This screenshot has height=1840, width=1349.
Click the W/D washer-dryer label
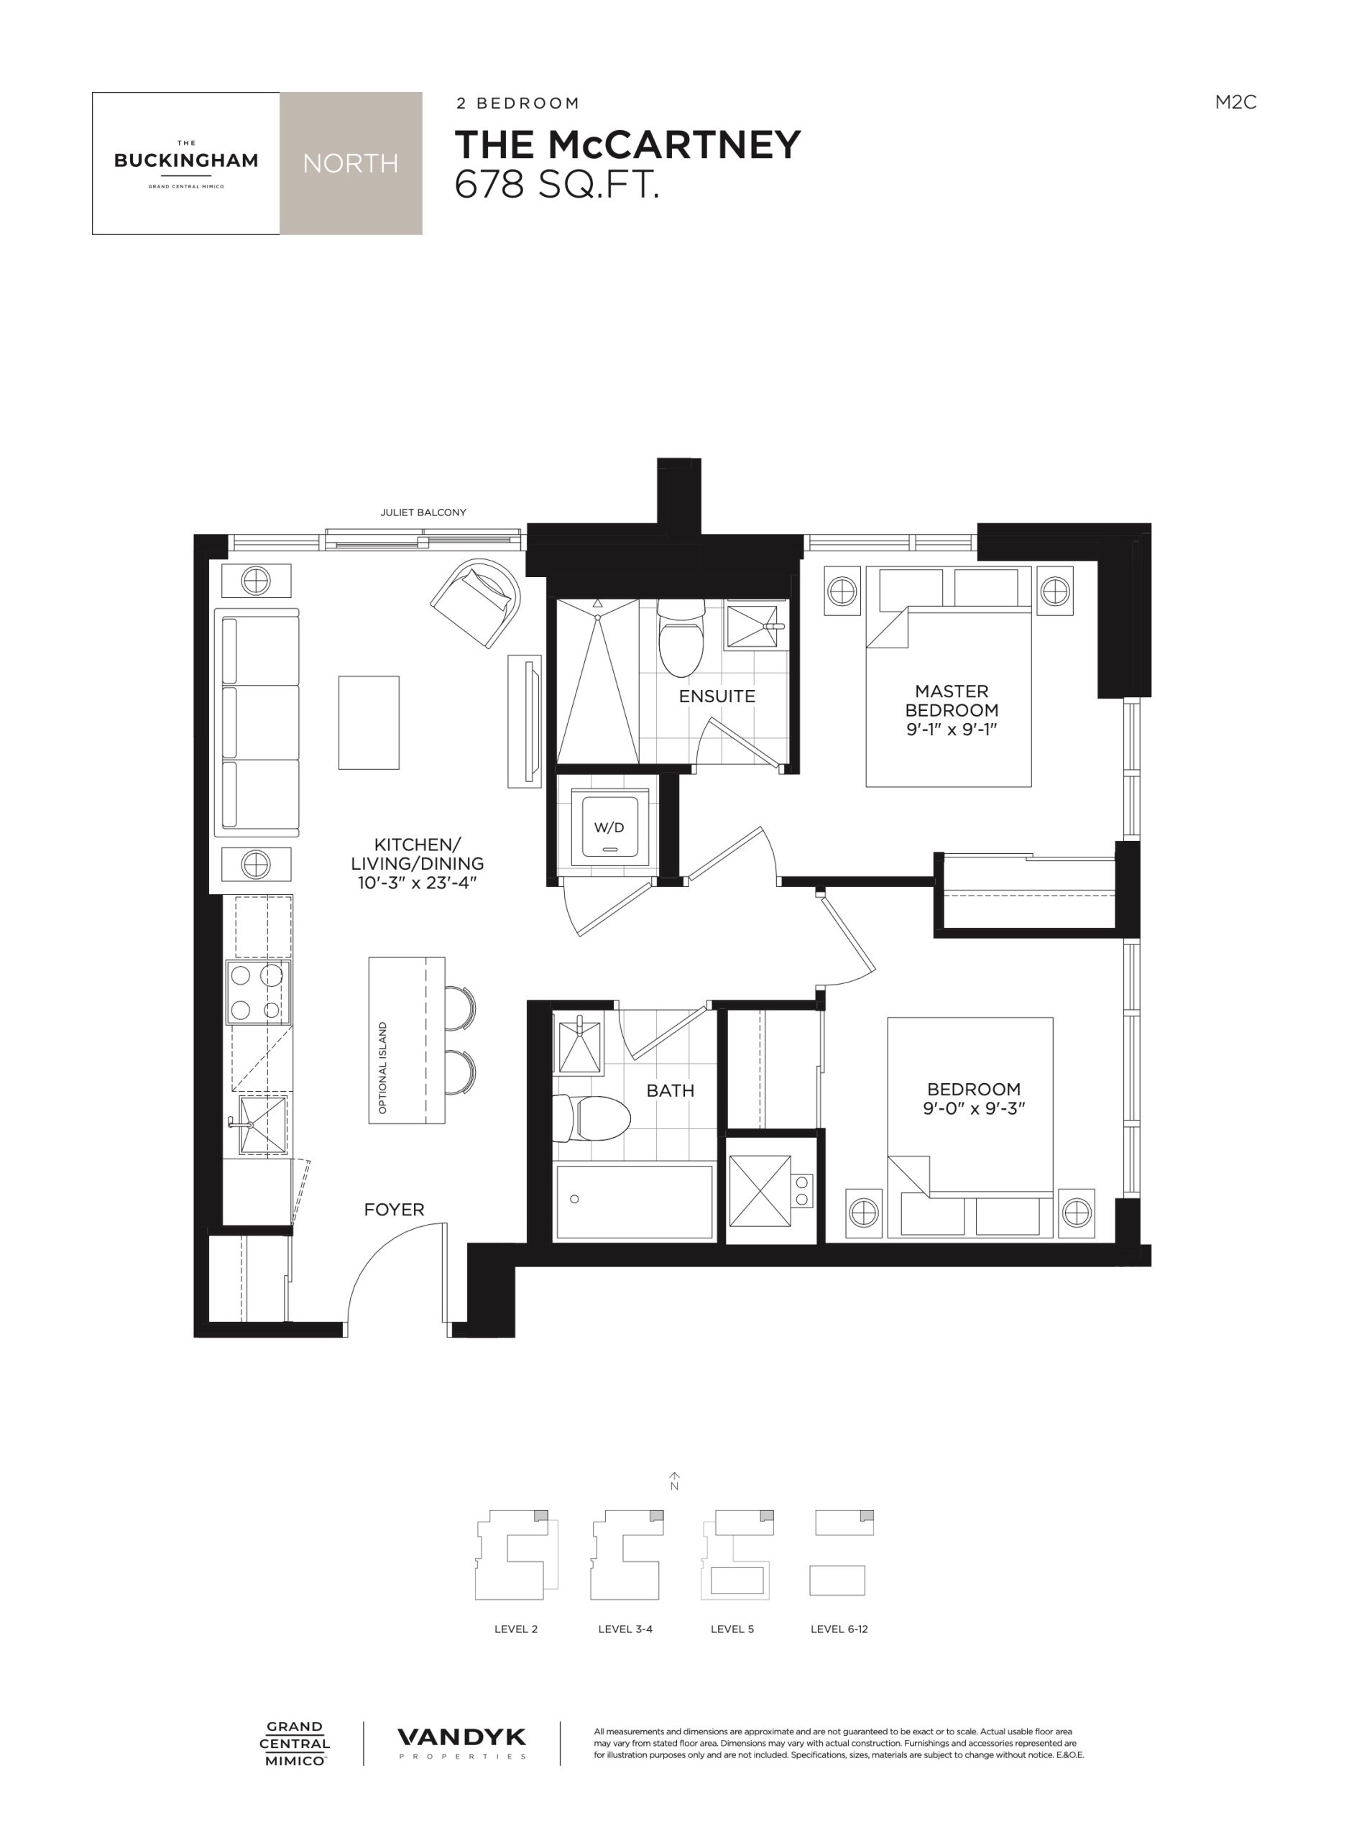tap(608, 827)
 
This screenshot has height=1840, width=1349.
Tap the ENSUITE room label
tap(717, 696)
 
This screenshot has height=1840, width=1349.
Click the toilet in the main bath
tap(591, 1118)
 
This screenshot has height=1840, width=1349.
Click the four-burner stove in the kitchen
tap(258, 993)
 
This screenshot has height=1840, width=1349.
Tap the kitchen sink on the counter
tap(262, 1126)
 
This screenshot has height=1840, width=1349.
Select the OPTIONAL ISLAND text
tap(383, 1067)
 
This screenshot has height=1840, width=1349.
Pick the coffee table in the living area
tap(369, 722)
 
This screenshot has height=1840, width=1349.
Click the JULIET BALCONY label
tap(423, 512)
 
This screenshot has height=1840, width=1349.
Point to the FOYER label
tap(395, 1210)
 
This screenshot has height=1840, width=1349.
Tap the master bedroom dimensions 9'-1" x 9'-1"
tap(952, 730)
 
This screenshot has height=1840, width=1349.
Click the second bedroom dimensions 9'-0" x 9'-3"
tap(973, 1108)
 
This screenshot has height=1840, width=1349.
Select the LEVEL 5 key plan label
tap(732, 1629)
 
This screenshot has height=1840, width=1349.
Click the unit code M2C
tap(1235, 102)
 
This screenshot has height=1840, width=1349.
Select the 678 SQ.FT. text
tap(557, 185)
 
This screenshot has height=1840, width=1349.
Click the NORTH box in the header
tap(351, 163)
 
